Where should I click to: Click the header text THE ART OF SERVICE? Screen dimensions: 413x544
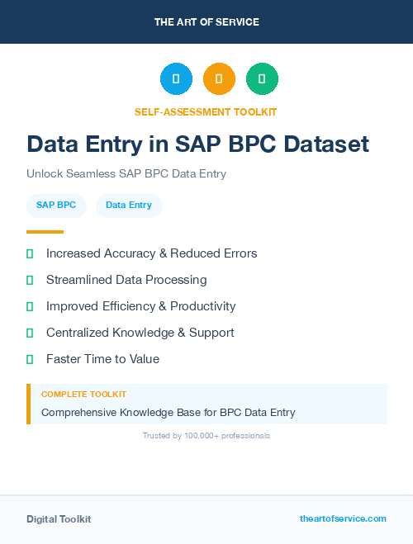tap(206, 21)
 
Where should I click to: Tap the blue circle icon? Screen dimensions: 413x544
tap(176, 79)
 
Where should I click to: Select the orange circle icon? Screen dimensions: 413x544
tap(219, 79)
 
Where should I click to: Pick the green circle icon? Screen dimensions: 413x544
tap(262, 79)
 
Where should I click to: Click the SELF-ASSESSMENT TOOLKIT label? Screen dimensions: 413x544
tap(206, 111)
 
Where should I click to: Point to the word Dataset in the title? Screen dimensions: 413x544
tap(326, 144)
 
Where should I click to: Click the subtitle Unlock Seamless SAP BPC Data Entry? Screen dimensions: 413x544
tap(126, 174)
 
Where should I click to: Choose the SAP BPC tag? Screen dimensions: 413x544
tap(56, 206)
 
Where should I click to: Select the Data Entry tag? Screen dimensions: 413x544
tap(129, 206)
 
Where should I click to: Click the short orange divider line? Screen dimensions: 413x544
tap(45, 232)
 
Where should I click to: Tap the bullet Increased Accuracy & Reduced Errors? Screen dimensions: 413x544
tap(152, 253)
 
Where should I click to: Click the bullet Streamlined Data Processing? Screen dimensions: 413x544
tap(126, 280)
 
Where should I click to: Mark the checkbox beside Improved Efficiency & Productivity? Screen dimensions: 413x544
tap(30, 306)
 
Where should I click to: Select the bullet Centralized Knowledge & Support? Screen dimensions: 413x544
tap(140, 333)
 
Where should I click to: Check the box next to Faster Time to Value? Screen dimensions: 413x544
tap(30, 359)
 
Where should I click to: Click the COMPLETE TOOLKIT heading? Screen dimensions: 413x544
tap(83, 395)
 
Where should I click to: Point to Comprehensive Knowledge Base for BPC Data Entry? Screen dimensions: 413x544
tap(169, 412)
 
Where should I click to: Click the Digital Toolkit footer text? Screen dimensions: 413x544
tap(59, 519)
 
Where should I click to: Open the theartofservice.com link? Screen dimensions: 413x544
tap(343, 518)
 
